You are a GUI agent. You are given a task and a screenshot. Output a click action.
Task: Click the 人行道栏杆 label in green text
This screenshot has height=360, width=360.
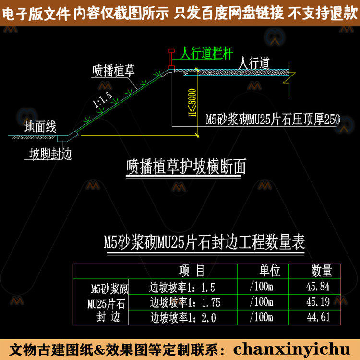pyautogui.click(x=207, y=53)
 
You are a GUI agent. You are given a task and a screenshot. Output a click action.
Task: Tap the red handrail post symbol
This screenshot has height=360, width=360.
pyautogui.click(x=170, y=58)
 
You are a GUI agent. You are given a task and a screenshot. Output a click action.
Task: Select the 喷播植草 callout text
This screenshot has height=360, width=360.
pyautogui.click(x=114, y=71)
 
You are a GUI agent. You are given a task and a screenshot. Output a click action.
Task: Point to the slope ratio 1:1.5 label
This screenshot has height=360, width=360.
pyautogui.click(x=102, y=101)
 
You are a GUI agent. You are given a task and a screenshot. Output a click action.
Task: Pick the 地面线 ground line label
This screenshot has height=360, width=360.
pyautogui.click(x=41, y=127)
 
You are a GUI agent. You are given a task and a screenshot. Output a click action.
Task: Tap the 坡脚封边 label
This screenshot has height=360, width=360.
pyautogui.click(x=51, y=154)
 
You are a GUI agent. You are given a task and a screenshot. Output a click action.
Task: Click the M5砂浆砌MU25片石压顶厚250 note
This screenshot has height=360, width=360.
pyautogui.click(x=273, y=120)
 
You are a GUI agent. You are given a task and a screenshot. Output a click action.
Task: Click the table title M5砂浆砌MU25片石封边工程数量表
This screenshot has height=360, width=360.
pyautogui.click(x=204, y=241)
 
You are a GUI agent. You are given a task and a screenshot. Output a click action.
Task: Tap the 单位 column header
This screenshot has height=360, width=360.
pyautogui.click(x=270, y=271)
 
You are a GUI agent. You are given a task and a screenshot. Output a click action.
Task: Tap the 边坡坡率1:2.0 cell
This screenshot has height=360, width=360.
pyautogui.click(x=183, y=317)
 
